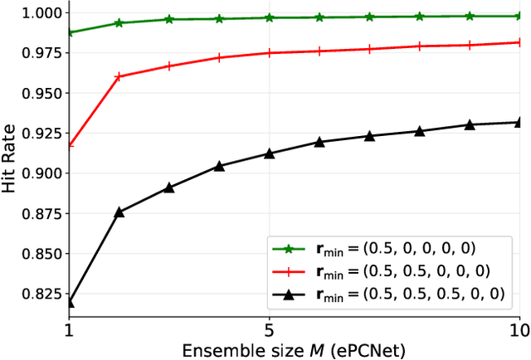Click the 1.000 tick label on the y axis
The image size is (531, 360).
(x=41, y=13)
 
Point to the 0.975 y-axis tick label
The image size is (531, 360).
(x=41, y=53)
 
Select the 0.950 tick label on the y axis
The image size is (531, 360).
(x=41, y=94)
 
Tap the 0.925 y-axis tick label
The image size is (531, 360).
(x=41, y=134)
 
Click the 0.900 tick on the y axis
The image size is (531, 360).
(x=41, y=173)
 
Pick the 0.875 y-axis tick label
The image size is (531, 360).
(x=41, y=214)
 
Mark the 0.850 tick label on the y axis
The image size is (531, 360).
(x=41, y=254)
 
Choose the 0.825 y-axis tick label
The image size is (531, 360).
(x=41, y=294)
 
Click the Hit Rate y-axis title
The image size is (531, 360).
(x=10, y=158)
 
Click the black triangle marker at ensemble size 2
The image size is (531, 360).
(x=119, y=212)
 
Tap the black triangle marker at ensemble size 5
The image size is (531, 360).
(x=268, y=153)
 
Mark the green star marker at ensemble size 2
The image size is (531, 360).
(x=119, y=23)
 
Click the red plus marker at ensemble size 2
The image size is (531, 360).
(x=119, y=76)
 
